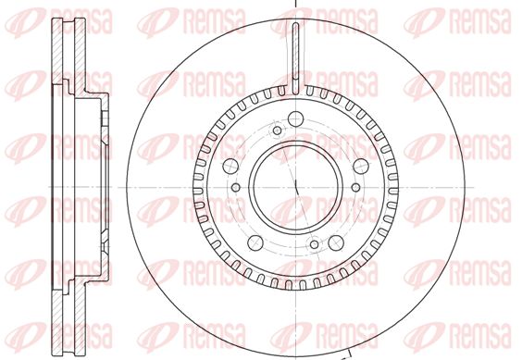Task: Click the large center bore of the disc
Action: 295,187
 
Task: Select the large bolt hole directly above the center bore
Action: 295,118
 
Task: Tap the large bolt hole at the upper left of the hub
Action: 230,166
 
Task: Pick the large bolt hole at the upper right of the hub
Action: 361,166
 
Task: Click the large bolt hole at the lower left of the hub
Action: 255,242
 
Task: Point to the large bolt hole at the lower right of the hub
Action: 336,242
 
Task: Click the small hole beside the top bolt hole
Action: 277,130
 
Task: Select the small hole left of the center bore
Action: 236,187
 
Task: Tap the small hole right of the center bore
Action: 356,187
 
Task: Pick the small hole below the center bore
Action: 315,244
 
